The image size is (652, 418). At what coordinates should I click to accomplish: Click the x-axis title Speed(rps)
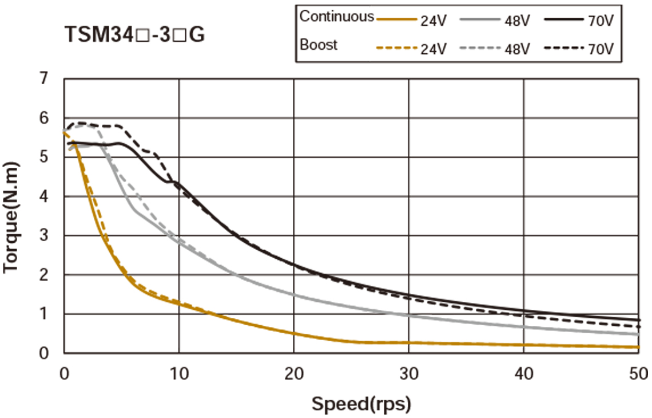[361, 404]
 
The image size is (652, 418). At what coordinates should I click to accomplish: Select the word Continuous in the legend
[336, 17]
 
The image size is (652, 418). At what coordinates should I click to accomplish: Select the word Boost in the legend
[319, 45]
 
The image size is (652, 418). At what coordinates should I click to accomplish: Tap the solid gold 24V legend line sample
[397, 20]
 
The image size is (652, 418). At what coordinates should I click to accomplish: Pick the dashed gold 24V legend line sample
[397, 49]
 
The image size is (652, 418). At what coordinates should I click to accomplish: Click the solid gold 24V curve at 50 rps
[637, 347]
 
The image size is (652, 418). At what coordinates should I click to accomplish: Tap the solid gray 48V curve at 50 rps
[637, 334]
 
